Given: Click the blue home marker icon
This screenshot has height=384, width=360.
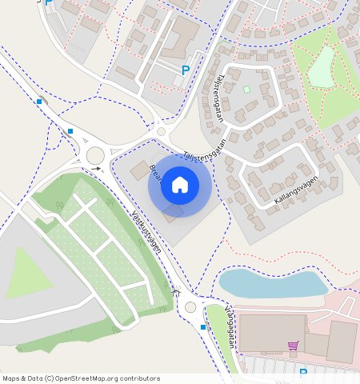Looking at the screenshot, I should pos(180,186).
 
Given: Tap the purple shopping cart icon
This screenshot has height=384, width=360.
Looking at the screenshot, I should pos(293,346).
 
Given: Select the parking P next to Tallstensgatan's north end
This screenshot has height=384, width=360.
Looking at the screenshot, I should pos(186,70).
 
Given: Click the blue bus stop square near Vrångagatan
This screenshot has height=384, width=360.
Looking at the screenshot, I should pos(203,327).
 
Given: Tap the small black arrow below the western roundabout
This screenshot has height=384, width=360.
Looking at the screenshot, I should pos(97,168).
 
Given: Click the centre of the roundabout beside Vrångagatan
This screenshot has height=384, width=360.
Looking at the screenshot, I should pos(190,306).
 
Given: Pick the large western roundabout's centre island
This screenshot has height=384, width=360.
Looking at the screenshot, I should pos(96,154).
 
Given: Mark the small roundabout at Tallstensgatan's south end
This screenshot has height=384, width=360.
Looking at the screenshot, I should pos(162,132).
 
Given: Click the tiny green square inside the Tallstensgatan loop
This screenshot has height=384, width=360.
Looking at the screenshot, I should pos(246,89).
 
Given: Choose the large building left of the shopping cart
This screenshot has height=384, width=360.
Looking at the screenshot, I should pos(271,332).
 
